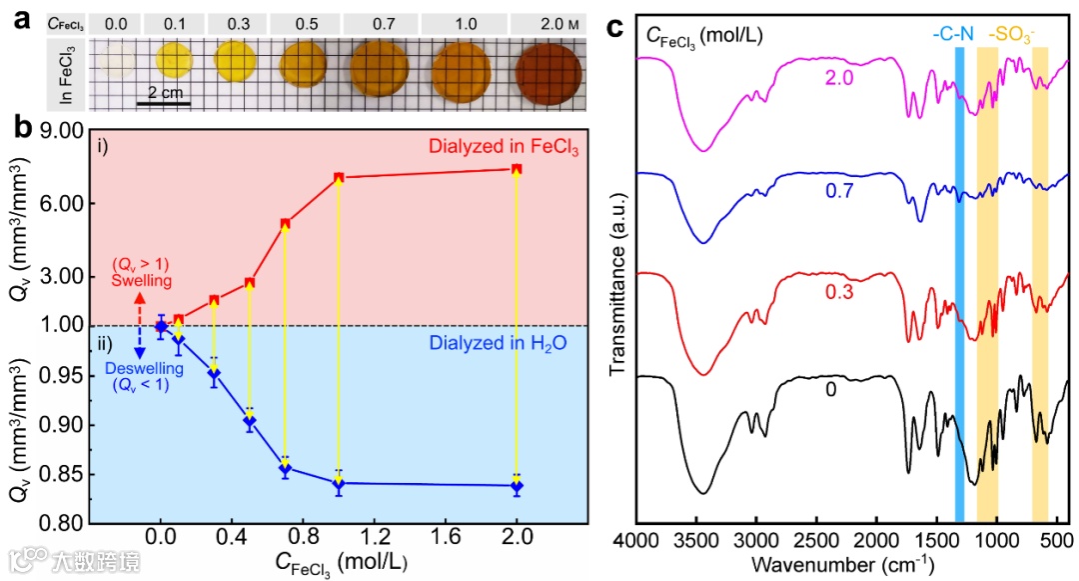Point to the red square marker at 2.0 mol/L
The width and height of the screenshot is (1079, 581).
click(517, 169)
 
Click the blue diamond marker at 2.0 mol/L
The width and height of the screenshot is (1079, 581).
click(517, 487)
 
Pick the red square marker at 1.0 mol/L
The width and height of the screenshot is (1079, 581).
click(340, 178)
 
